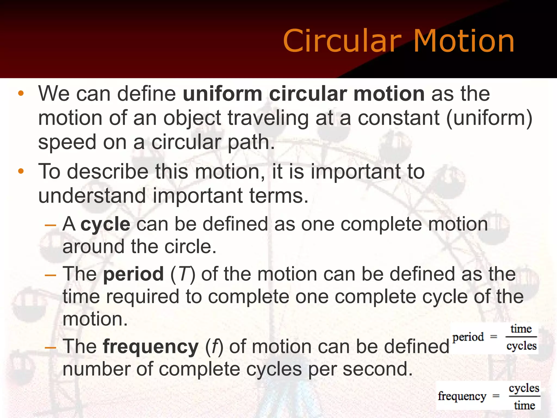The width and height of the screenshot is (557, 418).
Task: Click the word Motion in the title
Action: pos(464,41)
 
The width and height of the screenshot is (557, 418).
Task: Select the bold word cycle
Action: pos(106,225)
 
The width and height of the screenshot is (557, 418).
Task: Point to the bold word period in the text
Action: pos(134,274)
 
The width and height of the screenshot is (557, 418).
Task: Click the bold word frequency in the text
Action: pos(151,347)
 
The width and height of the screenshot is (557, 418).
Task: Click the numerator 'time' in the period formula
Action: pos(521,329)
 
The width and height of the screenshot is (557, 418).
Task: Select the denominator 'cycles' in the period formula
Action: pos(521,346)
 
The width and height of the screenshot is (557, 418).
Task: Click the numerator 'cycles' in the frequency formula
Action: pos(524,388)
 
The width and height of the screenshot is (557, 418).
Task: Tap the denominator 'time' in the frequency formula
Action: pos(524,405)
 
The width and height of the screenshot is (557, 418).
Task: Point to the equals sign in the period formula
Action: pos(494,337)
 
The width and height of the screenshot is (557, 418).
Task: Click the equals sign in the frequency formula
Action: pos(496,396)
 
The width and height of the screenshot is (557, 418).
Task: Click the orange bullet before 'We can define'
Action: pos(21,94)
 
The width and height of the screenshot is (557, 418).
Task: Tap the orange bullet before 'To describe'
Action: pos(21,171)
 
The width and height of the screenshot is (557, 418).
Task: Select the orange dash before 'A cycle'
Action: pos(50,225)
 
